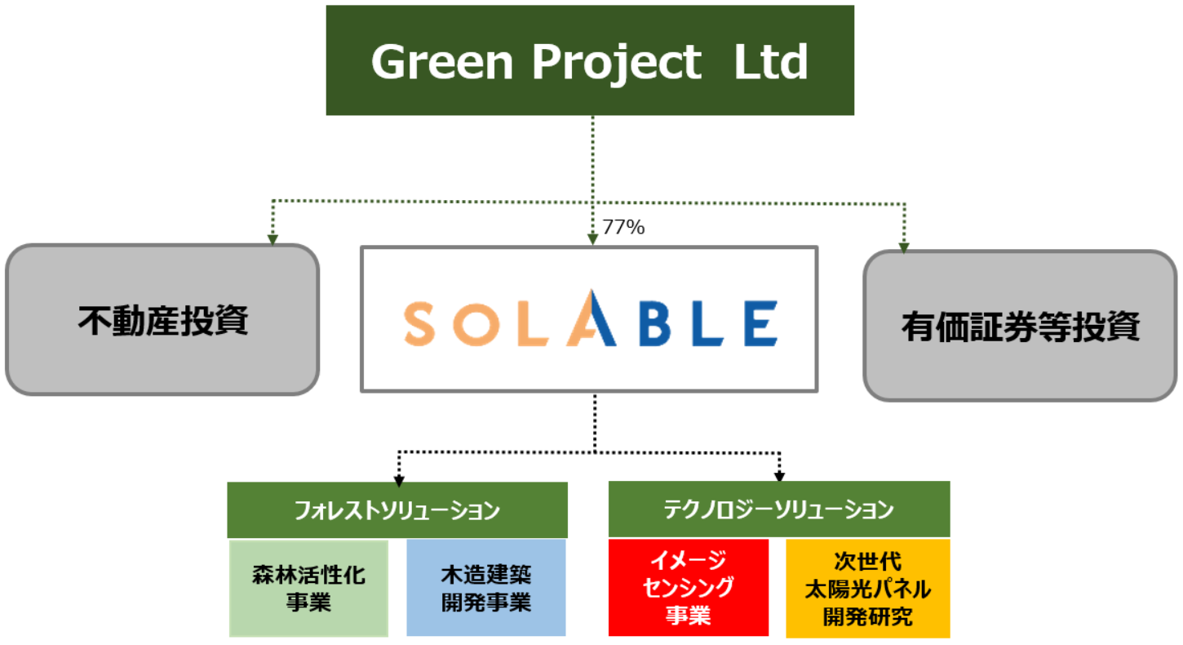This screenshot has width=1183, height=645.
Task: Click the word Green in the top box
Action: tap(442, 62)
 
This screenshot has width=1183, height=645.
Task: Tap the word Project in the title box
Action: tap(617, 64)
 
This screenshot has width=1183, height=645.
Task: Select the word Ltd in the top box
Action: tap(770, 61)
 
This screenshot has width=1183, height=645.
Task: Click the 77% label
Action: tap(623, 227)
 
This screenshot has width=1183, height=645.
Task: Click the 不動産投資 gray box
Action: tap(162, 320)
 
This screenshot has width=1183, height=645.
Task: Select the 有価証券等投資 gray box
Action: tap(1020, 326)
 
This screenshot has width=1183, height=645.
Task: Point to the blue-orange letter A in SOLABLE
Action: tap(591, 318)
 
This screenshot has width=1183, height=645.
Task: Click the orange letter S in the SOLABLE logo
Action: tap(419, 323)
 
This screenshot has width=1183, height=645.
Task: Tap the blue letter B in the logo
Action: tap(655, 323)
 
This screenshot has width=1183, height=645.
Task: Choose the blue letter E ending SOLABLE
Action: tap(761, 323)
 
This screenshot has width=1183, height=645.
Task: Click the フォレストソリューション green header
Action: tap(397, 510)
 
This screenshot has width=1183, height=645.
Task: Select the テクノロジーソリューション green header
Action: tap(779, 509)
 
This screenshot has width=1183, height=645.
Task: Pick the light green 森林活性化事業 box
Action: tap(309, 588)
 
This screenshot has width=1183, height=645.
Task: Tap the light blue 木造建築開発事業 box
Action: tap(486, 587)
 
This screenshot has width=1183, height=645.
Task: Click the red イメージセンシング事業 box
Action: tap(688, 587)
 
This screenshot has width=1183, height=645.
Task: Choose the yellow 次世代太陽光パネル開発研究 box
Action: tap(868, 589)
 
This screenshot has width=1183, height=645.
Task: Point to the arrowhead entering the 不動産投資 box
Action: tap(272, 240)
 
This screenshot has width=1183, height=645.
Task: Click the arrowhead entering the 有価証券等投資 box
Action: tap(904, 247)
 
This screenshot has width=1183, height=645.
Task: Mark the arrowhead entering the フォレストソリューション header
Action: tap(399, 481)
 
